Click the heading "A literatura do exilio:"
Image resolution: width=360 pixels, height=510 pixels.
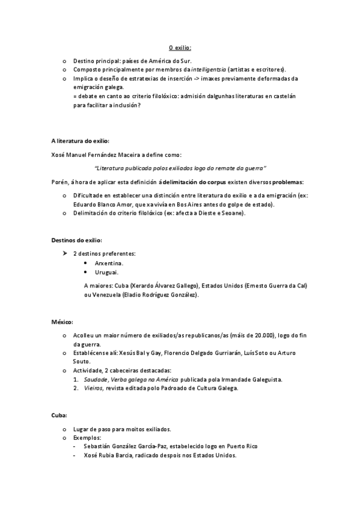click(80, 141)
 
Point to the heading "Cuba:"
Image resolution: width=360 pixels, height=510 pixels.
click(59, 415)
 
